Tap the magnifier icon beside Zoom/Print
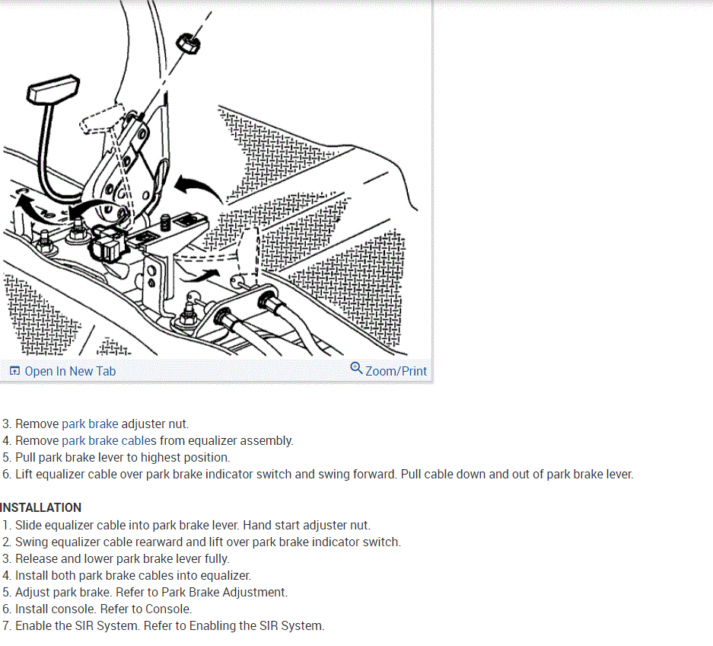(x=356, y=369)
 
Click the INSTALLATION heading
(x=41, y=507)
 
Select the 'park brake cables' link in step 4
(x=109, y=440)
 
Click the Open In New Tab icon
(x=14, y=371)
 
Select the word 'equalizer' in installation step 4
(x=224, y=575)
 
